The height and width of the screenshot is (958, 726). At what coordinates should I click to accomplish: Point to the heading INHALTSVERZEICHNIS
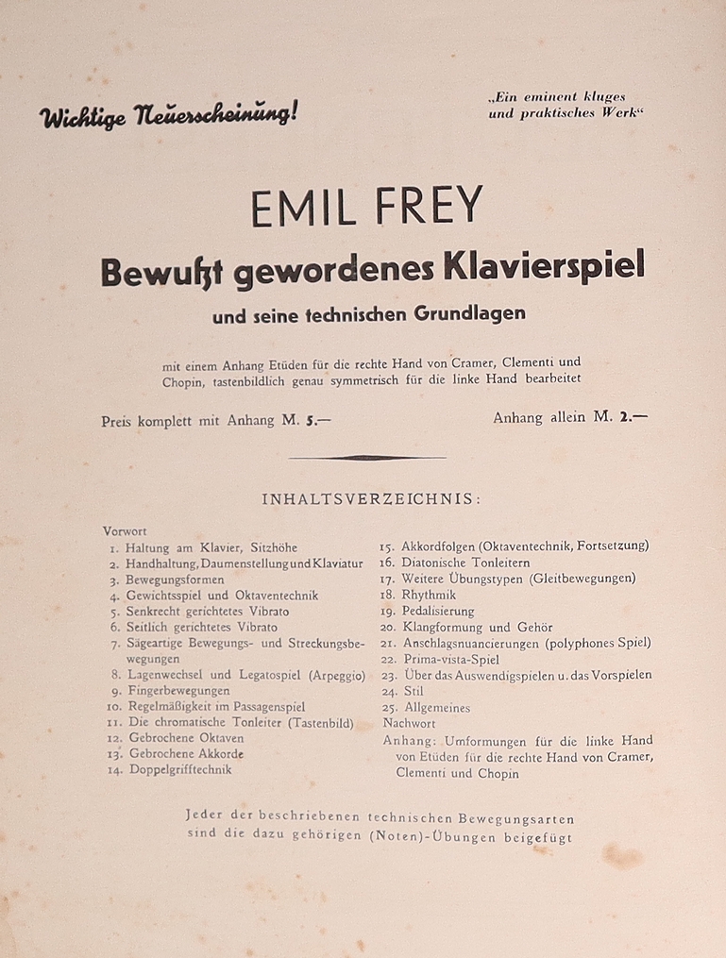[x=370, y=499]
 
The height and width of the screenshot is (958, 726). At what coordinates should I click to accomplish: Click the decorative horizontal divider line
[x=366, y=457]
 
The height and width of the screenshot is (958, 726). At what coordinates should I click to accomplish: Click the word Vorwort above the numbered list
[x=125, y=531]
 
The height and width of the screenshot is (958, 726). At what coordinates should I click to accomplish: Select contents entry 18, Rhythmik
[x=429, y=595]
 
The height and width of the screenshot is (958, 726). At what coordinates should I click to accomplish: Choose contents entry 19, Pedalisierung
[x=438, y=611]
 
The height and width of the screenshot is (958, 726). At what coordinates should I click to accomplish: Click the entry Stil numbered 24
[x=413, y=691]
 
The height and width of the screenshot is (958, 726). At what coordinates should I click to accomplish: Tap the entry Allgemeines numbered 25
[x=435, y=707]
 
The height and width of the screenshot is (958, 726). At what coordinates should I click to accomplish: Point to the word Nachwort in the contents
[x=409, y=723]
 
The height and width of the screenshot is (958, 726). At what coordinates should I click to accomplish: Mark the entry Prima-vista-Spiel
[x=450, y=659]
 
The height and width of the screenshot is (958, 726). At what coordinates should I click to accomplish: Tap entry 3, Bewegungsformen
[x=175, y=579]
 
